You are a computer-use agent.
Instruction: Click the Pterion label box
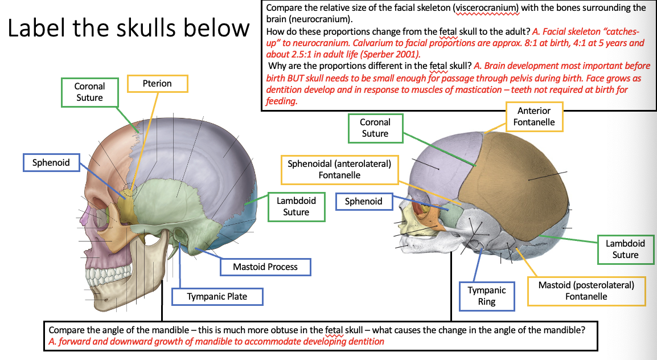tap(157, 84)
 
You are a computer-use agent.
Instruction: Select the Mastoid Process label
tap(265, 267)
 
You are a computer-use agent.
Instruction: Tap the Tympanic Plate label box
tap(217, 297)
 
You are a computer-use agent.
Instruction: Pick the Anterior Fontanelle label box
tap(533, 116)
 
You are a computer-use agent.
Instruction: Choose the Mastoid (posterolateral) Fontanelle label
tap(586, 291)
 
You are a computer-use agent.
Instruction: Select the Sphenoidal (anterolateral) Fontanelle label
tap(339, 169)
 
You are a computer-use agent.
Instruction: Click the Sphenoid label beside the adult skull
tap(51, 163)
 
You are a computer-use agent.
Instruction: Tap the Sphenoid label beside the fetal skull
tap(363, 201)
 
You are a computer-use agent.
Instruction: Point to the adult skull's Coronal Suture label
tap(89, 92)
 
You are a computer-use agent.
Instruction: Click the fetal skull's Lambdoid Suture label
tap(625, 249)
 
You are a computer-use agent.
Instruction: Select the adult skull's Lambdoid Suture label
tap(296, 206)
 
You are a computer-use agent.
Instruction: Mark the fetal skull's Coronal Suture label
tap(375, 128)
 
